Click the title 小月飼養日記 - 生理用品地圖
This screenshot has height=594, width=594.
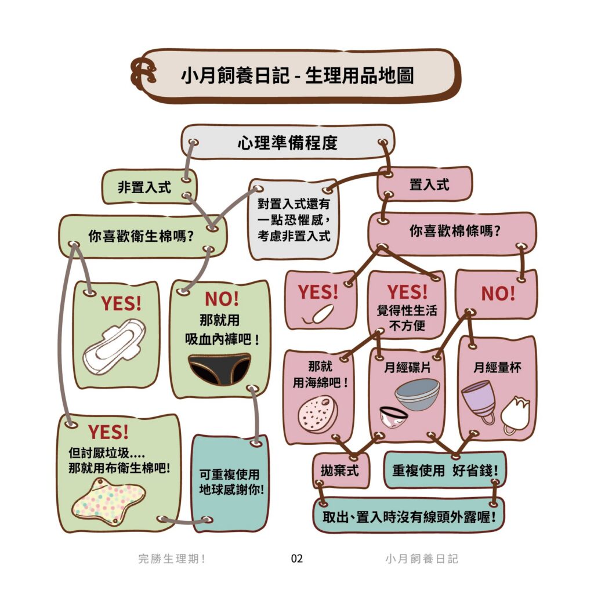pos(298,75)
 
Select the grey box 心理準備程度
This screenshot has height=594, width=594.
pos(288,143)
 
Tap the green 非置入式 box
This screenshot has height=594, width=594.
pos(149,187)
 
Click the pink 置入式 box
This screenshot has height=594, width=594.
pos(425,184)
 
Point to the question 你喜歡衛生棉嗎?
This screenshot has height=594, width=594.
pos(141,236)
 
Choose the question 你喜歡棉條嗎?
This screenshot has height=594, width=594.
pos(455,231)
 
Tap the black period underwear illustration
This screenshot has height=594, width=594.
pos(219,368)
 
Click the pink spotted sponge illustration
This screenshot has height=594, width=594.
pos(317,415)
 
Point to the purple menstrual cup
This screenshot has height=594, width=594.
pos(479,401)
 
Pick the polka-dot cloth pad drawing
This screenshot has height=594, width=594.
pos(108,501)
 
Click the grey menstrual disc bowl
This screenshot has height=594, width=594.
pos(418,394)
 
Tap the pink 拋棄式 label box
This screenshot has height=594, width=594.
pos(341,470)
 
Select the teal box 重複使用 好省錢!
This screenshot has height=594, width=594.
pos(445,470)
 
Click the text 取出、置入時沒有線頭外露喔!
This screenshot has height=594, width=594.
pos(409,517)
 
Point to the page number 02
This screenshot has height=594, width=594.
pos(296,559)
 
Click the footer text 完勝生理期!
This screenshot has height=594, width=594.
pos(172,559)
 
